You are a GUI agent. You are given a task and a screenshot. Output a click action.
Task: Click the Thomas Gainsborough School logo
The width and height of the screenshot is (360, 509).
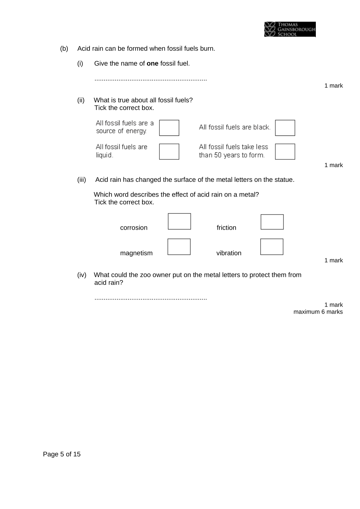coord(290,29)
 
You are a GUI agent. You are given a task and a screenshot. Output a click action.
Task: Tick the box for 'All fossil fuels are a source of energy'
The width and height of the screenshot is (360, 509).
coord(169,128)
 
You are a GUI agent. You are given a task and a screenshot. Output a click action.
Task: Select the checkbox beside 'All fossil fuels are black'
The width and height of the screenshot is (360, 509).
coord(285,128)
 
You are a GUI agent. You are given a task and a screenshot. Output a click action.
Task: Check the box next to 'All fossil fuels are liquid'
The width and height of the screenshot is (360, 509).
coord(169,152)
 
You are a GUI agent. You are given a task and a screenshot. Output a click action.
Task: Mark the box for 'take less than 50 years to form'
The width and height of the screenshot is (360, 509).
coord(285,152)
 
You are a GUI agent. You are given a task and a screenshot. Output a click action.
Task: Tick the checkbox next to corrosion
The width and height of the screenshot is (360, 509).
coord(179,222)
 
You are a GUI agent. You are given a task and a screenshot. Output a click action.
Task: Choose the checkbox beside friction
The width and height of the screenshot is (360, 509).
coord(272,222)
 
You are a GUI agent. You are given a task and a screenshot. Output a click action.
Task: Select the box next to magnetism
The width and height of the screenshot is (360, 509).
coord(179,247)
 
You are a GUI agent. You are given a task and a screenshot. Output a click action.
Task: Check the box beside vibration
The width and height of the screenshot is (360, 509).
coord(272,247)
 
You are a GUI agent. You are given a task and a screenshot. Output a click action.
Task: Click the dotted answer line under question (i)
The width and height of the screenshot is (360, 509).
coord(151,79)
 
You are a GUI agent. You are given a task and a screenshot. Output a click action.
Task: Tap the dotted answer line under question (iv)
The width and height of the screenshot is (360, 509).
coord(151,298)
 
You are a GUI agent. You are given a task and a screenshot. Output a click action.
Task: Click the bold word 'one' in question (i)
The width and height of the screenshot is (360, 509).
coord(152,63)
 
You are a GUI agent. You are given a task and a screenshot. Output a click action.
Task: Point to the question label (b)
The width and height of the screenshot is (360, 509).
coord(64,49)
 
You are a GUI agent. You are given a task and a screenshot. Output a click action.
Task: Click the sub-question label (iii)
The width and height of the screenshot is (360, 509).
coord(81,180)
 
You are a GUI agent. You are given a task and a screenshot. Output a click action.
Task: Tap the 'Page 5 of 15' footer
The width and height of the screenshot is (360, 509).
coord(62,454)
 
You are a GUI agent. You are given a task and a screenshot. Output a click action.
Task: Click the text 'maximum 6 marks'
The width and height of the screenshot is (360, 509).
coord(318,312)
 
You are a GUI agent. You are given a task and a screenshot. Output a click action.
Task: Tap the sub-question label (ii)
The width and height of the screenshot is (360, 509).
coord(81,100)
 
